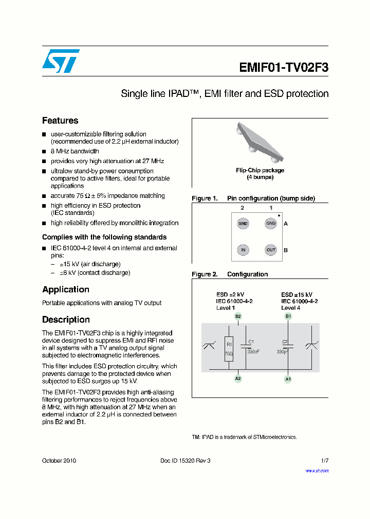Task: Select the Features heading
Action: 60,121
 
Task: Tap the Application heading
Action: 66,289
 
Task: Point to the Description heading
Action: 66,320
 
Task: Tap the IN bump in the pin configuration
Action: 243,250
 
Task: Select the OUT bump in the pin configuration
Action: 270,250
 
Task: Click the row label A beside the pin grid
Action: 286,224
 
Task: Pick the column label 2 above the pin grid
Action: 243,208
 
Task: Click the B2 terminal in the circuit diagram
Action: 238,316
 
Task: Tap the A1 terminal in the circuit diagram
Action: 288,378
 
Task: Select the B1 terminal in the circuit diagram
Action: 288,316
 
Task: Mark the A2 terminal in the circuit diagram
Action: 238,378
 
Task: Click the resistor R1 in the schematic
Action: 229,349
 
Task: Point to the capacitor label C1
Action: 251,342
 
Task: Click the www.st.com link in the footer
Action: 317,470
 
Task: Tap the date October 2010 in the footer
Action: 59,461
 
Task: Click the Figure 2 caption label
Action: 205,274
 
